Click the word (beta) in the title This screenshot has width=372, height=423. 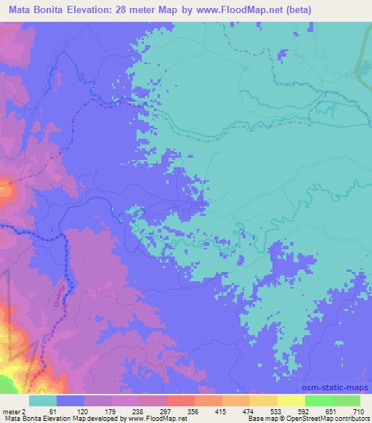click(x=349, y=9)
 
